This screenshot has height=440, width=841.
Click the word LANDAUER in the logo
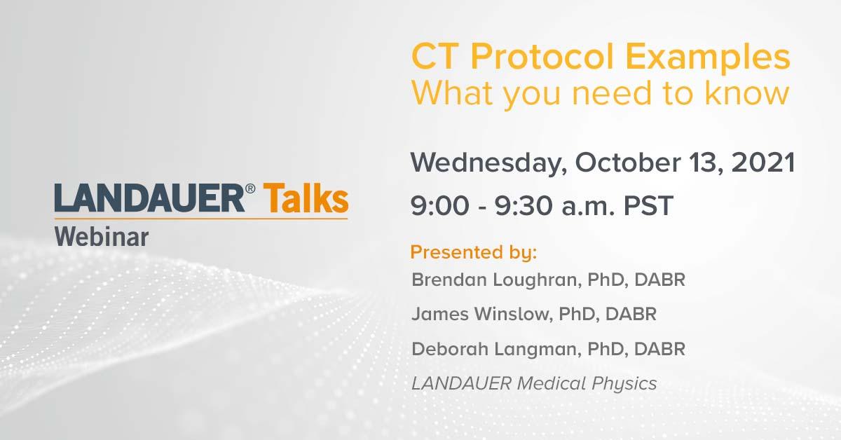(149, 198)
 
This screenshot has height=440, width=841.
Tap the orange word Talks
(306, 198)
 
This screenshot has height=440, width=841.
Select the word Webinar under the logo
(102, 238)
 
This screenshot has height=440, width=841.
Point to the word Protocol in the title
(542, 57)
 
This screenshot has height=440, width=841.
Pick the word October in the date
(628, 163)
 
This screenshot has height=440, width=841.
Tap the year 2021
(763, 163)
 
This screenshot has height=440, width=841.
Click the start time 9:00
(440, 206)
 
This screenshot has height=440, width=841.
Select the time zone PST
(648, 206)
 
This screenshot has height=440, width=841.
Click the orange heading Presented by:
(474, 252)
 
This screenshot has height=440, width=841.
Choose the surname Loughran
(538, 280)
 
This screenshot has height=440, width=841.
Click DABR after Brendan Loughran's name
(659, 280)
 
